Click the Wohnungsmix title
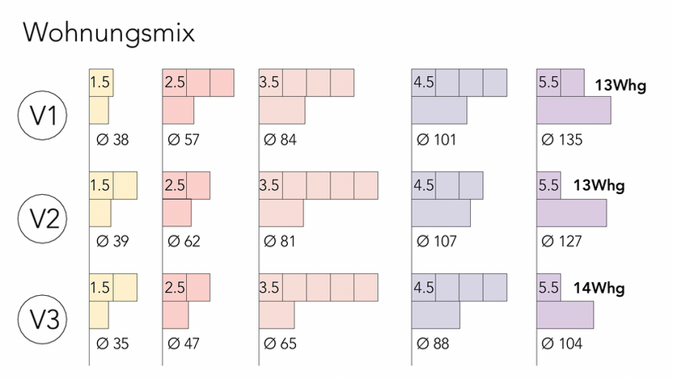tap(109, 32)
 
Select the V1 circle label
tap(43, 116)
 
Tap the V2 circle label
tap(43, 218)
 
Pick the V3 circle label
tap(43, 319)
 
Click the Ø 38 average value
tap(112, 140)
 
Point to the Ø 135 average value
tap(562, 140)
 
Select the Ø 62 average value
tap(184, 242)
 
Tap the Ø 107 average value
tap(437, 242)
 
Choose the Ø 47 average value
tap(184, 344)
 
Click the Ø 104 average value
tap(562, 344)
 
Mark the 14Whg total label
tap(599, 288)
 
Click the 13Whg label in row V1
tap(620, 86)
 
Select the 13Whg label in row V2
tap(599, 185)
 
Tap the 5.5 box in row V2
tap(548, 186)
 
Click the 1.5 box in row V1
tap(101, 82)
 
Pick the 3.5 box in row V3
tap(271, 287)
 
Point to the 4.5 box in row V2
tap(424, 186)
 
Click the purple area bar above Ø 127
tap(572, 213)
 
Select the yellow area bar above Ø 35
tap(99, 315)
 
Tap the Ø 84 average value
tap(280, 140)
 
